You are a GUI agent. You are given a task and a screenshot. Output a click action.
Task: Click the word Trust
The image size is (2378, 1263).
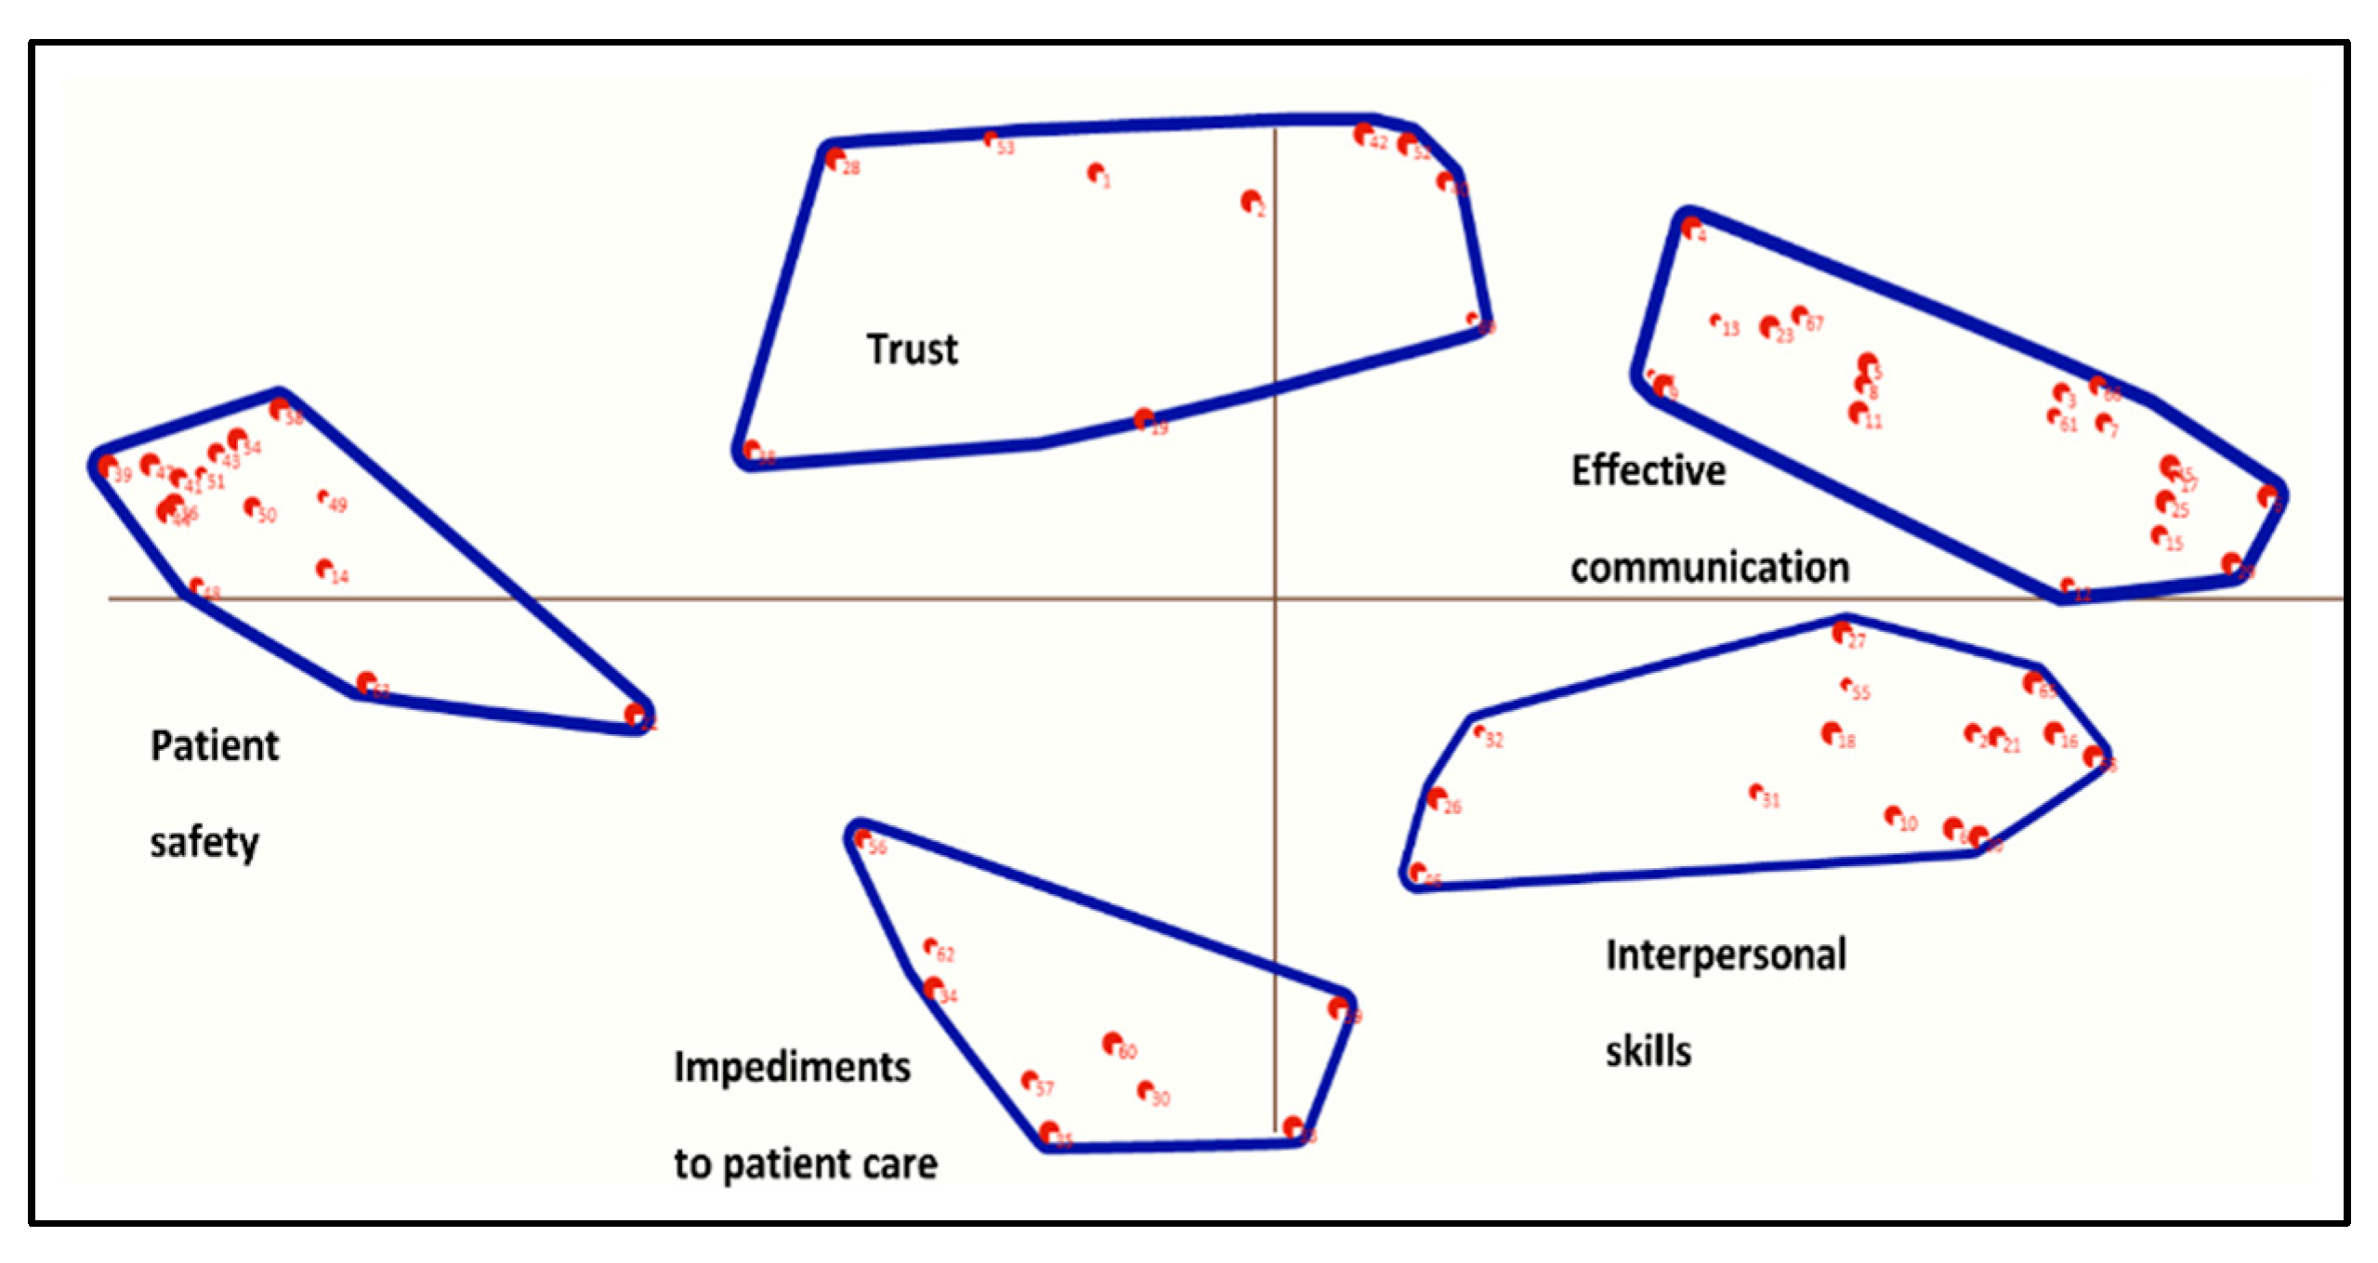pyautogui.click(x=912, y=349)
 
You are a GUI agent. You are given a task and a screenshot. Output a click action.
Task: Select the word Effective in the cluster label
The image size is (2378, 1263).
pyautogui.click(x=1648, y=470)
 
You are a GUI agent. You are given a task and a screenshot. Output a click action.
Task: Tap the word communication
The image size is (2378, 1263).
pyautogui.click(x=1709, y=567)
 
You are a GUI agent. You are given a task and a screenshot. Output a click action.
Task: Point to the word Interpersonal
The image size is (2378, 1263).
pyautogui.click(x=1726, y=955)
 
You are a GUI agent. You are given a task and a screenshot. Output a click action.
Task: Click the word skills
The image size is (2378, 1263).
pyautogui.click(x=1648, y=1051)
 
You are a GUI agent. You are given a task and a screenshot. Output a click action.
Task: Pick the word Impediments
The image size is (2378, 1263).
pyautogui.click(x=792, y=1067)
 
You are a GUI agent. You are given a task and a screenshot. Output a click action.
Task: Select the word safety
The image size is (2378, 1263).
pyautogui.click(x=204, y=843)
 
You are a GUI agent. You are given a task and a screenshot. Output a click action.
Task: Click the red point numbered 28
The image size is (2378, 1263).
pyautogui.click(x=834, y=158)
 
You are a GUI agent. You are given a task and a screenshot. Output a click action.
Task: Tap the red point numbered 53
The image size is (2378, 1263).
pyautogui.click(x=991, y=139)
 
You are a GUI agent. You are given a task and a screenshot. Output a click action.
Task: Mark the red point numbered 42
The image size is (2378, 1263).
pyautogui.click(x=1362, y=134)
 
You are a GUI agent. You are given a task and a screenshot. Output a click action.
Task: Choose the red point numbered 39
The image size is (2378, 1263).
pyautogui.click(x=107, y=465)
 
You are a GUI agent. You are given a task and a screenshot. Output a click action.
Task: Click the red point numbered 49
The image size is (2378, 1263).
pyautogui.click(x=322, y=497)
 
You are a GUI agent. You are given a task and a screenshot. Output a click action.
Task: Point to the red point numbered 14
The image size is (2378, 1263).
pyautogui.click(x=323, y=567)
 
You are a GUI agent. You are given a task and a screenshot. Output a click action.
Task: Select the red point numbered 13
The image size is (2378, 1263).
pyautogui.click(x=1715, y=321)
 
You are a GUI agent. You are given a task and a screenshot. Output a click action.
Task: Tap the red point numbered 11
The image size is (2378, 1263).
pyautogui.click(x=1858, y=411)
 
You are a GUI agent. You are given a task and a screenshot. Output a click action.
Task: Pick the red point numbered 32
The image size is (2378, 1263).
pyautogui.click(x=1478, y=731)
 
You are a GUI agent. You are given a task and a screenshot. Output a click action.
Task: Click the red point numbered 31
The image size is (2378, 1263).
pyautogui.click(x=1755, y=792)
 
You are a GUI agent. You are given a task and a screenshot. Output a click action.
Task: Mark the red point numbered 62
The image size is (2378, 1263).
pyautogui.click(x=930, y=946)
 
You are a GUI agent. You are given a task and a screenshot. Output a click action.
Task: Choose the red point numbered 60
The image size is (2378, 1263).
pyautogui.click(x=1111, y=1043)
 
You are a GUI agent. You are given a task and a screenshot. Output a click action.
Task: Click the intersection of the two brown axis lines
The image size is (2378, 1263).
pyautogui.click(x=1275, y=599)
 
